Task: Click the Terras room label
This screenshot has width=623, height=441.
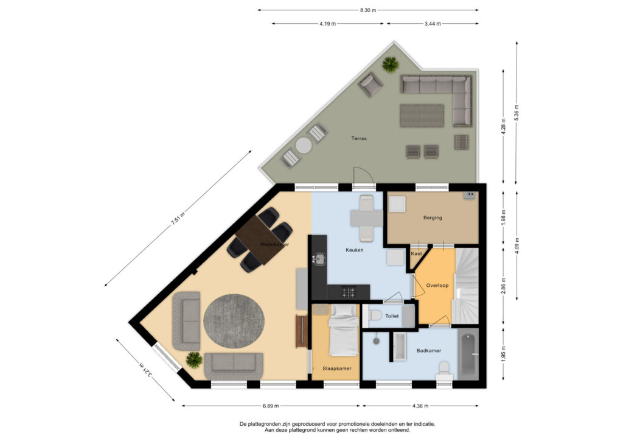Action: click(x=359, y=138)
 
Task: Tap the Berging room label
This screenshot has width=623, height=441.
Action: click(x=433, y=217)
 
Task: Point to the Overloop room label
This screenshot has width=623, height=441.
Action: click(x=437, y=285)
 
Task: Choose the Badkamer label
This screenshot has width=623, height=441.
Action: click(x=428, y=351)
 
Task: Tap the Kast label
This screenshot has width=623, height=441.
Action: click(x=417, y=253)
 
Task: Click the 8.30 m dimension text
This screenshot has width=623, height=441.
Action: click(x=368, y=10)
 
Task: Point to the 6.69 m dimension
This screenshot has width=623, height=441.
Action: click(x=271, y=406)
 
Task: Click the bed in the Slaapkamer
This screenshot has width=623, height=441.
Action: click(x=344, y=332)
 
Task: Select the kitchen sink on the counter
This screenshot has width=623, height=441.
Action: click(x=319, y=259)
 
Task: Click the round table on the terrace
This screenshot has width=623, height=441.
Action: click(x=303, y=146)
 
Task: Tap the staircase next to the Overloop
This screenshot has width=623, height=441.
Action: click(x=467, y=283)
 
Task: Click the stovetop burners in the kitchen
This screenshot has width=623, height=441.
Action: click(x=349, y=293)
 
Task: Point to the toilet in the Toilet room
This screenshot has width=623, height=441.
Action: click(x=376, y=316)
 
